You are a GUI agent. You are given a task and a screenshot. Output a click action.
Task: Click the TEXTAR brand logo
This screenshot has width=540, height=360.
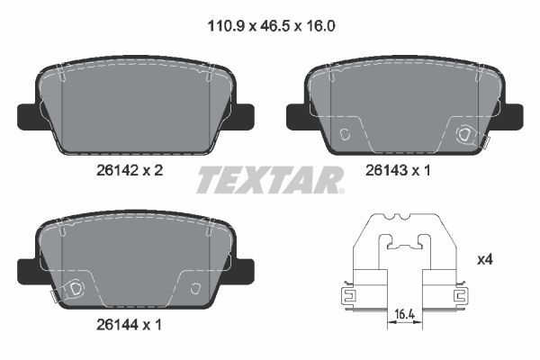tap(269, 179)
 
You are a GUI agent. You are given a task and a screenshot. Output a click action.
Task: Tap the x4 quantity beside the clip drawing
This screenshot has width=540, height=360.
tap(483, 259)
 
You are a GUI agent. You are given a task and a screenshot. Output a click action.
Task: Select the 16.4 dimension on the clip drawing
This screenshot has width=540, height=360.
tap(404, 313)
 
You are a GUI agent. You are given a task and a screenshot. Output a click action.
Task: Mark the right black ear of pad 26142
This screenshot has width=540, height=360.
tap(240, 115)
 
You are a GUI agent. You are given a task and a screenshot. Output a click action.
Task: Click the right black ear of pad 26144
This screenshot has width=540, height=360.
tap(240, 268)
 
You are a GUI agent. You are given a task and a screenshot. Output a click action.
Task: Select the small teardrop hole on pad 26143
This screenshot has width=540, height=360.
tap(347, 134)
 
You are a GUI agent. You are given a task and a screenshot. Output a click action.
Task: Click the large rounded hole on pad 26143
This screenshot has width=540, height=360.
tap(465, 135)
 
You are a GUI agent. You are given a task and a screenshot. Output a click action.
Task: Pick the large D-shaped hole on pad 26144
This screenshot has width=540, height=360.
tap(76, 288)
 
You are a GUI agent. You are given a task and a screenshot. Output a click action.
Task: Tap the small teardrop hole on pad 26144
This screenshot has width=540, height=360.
tap(195, 288)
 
